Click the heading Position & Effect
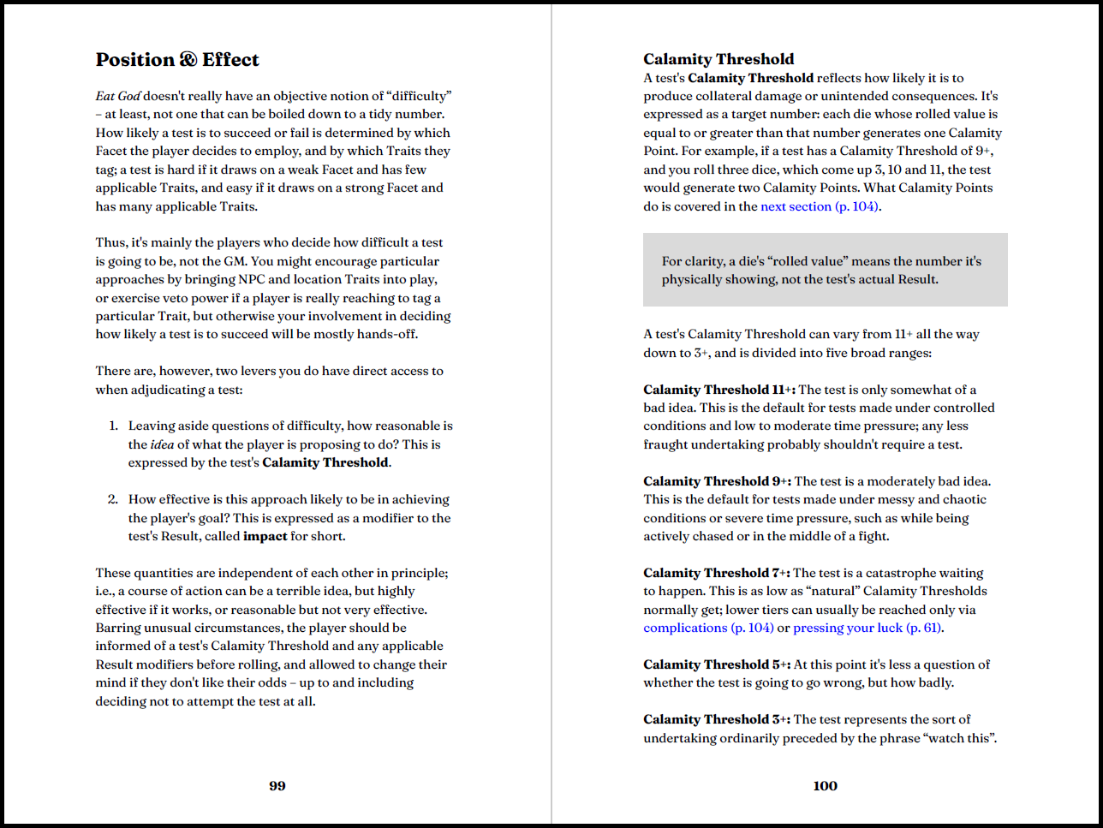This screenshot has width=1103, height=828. point(177,60)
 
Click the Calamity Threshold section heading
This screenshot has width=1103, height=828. point(718,59)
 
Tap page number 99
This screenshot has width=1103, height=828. point(277,786)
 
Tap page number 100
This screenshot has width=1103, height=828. point(826,786)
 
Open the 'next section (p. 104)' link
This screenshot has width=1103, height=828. point(820,206)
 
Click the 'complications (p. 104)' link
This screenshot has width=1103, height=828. point(708,628)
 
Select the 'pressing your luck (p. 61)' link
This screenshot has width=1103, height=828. point(867,628)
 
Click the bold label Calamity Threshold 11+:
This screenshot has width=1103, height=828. point(719,390)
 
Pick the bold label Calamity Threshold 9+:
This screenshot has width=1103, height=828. point(717,481)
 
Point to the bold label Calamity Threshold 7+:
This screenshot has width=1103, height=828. point(717,573)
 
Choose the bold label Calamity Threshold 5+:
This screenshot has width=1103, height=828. point(717,664)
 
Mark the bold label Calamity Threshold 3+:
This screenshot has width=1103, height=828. point(717,719)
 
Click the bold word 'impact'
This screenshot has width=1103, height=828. point(265,536)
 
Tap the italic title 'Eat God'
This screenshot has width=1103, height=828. point(118,96)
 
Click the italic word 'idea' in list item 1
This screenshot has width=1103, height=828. point(162,444)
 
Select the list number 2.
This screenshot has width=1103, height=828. point(112,499)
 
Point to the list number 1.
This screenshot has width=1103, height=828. point(113,426)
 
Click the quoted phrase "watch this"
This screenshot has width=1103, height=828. point(959,738)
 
